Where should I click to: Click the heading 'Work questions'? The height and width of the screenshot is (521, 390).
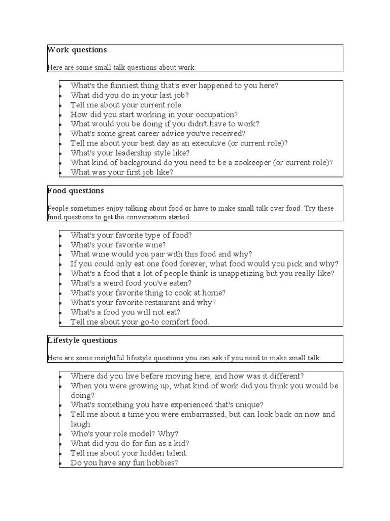click(x=77, y=50)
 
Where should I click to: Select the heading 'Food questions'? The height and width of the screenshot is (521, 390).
click(x=76, y=191)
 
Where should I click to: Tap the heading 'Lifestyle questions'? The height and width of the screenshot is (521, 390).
click(x=82, y=340)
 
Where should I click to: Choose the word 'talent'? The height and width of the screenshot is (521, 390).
click(x=173, y=453)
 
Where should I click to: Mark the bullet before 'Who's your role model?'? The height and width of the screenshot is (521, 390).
click(x=60, y=434)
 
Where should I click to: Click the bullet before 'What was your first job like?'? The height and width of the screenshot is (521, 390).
click(x=60, y=172)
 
